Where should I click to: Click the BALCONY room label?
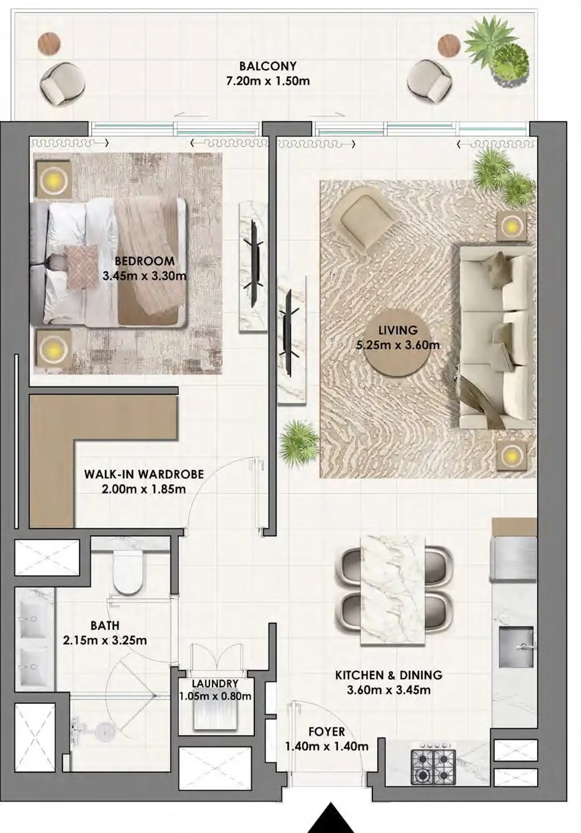[268, 66]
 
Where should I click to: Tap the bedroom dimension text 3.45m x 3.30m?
[144, 276]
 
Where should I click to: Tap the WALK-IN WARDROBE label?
[144, 474]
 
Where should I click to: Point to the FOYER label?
[326, 732]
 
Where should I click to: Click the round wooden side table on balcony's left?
[49, 43]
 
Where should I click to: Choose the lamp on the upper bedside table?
[54, 180]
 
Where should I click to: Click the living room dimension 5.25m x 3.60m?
[397, 345]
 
